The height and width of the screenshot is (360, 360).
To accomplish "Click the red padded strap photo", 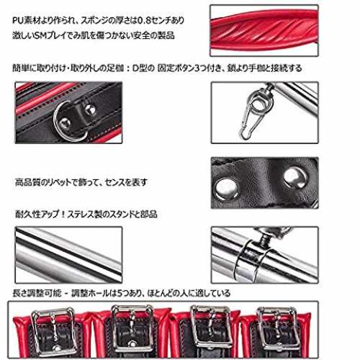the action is tap(264, 30).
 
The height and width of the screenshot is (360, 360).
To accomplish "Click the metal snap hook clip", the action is tap(250, 120).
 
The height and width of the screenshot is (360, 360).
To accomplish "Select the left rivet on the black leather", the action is tap(226, 189).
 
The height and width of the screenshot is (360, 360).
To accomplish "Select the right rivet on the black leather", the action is tap(295, 178).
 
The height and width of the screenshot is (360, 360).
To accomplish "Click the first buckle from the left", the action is tap(53, 332).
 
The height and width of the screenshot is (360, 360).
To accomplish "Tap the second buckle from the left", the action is tap(132, 329).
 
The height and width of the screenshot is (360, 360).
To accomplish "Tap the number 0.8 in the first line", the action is tap(144, 20).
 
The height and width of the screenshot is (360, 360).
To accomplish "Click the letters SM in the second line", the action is tap(40, 36).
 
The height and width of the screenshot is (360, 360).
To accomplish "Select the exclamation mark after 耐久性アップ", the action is tap(63, 214).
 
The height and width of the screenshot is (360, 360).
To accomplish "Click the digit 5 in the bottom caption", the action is tap(120, 293).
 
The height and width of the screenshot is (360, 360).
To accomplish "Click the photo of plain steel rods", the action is tap(68, 255).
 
